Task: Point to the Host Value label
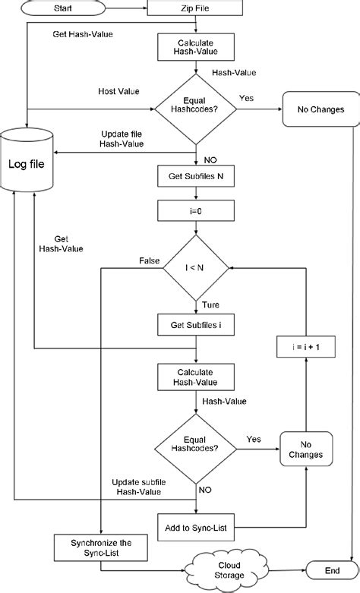pyautogui.click(x=118, y=91)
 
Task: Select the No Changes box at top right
pyautogui.click(x=320, y=110)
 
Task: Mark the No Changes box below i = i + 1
pyautogui.click(x=306, y=449)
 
